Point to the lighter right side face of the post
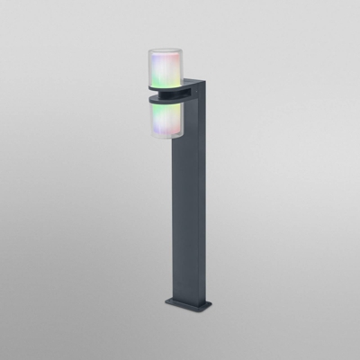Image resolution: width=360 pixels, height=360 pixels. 206,198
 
